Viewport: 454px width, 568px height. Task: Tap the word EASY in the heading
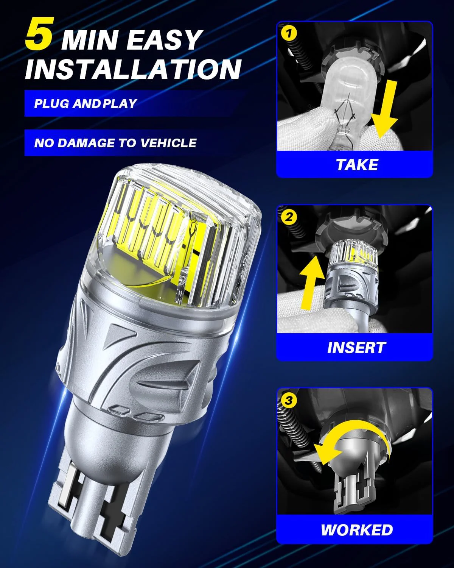[163, 40]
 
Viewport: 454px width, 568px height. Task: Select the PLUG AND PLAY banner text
[86, 103]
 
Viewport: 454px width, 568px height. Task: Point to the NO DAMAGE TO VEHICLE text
[115, 143]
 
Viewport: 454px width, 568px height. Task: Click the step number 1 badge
[289, 34]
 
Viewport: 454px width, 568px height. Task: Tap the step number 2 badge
[289, 217]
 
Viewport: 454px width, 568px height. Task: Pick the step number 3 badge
[289, 400]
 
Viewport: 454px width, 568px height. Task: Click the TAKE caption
[356, 165]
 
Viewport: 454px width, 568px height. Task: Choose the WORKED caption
[356, 530]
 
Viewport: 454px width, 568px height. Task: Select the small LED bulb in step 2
[350, 273]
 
